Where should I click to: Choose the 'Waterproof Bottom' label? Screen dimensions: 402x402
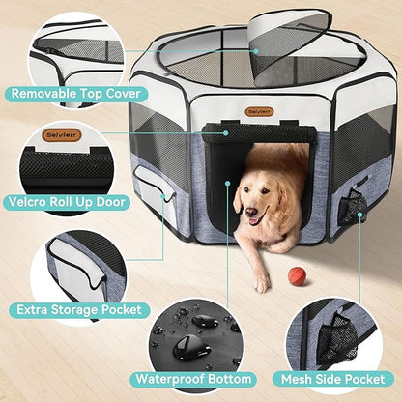click(x=195, y=379)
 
